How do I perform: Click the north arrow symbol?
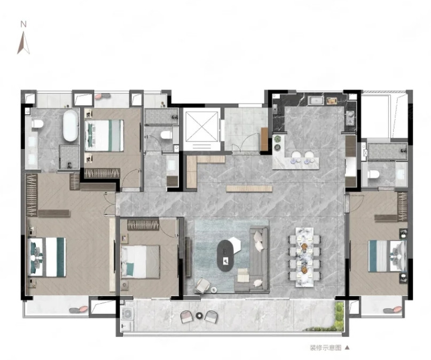point(23,43)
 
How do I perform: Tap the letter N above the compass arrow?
point(23,25)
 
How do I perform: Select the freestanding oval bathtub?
point(70,126)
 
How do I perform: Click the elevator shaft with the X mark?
point(202,127)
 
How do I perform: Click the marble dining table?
point(304,257)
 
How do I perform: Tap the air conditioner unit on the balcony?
point(128,314)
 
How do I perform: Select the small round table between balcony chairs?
point(199,316)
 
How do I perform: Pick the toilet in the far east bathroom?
point(373,174)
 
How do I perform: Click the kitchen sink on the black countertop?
point(317,100)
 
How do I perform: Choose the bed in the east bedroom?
point(387,256)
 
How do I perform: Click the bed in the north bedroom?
point(104,136)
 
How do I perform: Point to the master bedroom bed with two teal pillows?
point(47,257)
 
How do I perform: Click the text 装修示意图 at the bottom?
point(325,348)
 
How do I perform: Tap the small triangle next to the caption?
point(347,348)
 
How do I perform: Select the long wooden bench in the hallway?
point(249,189)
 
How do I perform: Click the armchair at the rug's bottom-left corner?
point(202,285)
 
